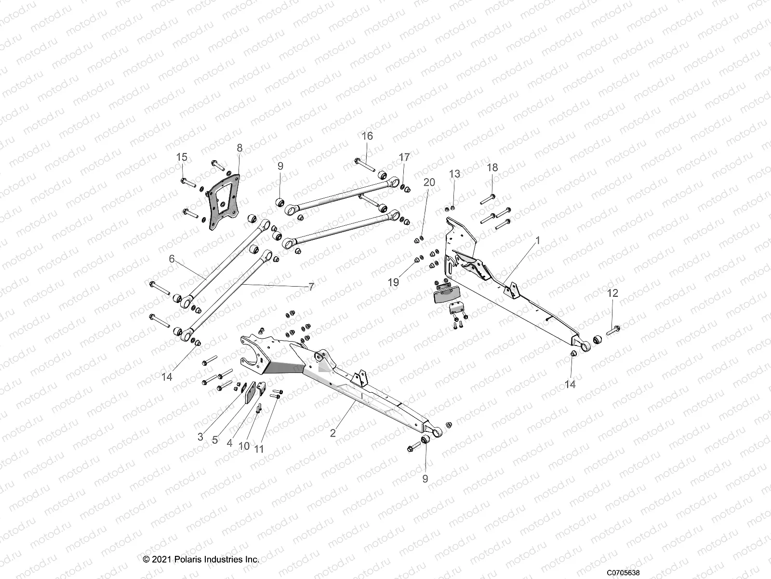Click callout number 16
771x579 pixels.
[367, 136]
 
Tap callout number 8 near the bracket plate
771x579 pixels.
[239, 148]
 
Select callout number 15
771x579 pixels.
[182, 157]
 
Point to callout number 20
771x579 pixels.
[429, 182]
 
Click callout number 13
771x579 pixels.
[454, 174]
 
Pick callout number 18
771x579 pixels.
[492, 168]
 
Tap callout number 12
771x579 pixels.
[612, 293]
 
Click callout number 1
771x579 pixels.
[538, 240]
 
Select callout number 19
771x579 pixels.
[394, 282]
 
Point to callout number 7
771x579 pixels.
[311, 287]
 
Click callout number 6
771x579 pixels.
[172, 259]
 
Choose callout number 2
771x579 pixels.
[332, 433]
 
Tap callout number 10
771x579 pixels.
[244, 446]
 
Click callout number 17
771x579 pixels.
[404, 157]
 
